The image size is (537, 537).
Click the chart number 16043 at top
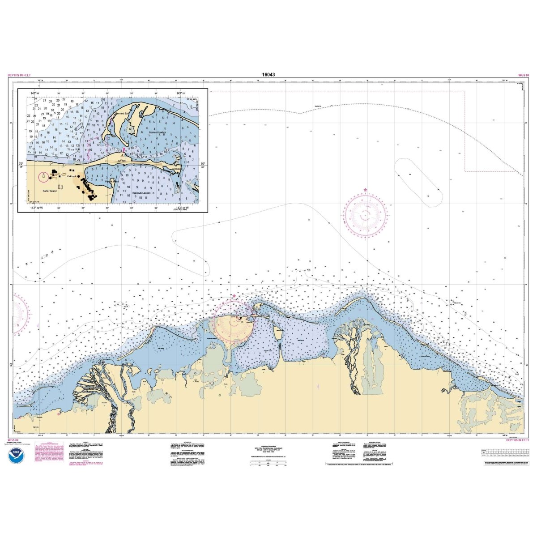pyautogui.click(x=268, y=75)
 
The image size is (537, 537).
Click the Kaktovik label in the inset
pyautogui.click(x=72, y=177)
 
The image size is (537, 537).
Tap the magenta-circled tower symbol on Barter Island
pyautogui.click(x=44, y=177)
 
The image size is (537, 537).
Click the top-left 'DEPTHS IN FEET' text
pyautogui.click(x=19, y=75)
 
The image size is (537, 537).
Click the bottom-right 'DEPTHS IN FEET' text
pyautogui.click(x=518, y=440)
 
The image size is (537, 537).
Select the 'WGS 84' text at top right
pyautogui.click(x=524, y=75)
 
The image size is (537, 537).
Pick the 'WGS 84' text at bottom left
pyautogui.click(x=13, y=440)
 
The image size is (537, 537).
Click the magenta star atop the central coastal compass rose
pyautogui.click(x=233, y=296)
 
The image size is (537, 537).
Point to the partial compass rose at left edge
pyautogui.click(x=19, y=313)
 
